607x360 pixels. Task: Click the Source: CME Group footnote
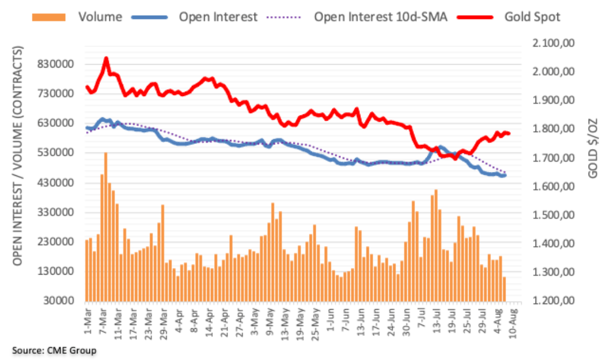pyautogui.click(x=54, y=350)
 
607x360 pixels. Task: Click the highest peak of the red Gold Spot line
pyautogui.click(x=106, y=57)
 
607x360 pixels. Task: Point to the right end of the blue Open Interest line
pyautogui.click(x=505, y=175)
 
